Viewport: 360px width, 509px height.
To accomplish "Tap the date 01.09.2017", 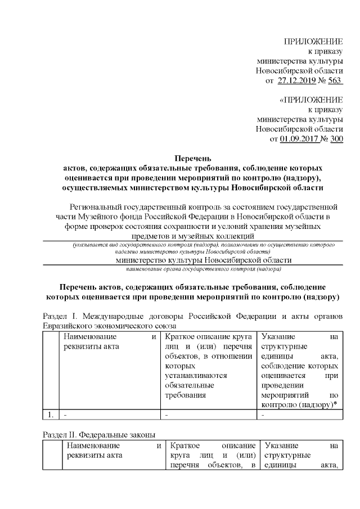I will (x=299, y=139).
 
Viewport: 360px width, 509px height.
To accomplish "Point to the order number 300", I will (x=336, y=139).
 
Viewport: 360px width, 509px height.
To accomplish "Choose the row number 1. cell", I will (x=51, y=415).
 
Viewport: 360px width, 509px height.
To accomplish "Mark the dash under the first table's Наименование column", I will (x=65, y=415).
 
